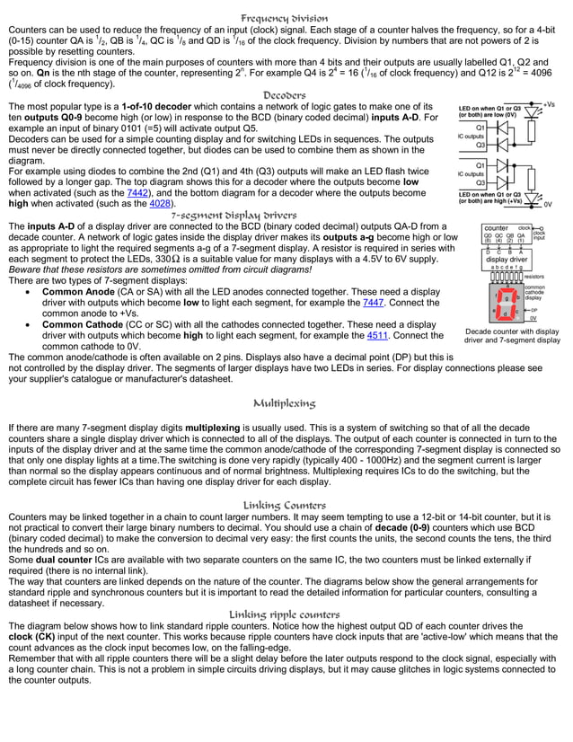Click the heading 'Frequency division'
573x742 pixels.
[285, 18]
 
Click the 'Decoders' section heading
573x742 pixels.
[285, 94]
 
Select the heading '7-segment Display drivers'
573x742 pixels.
[234, 216]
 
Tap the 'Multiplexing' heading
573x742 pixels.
[285, 403]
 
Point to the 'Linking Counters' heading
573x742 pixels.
[285, 506]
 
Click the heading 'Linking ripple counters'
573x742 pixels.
[285, 614]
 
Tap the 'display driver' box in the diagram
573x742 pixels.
[506, 260]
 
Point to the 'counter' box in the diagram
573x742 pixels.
[496, 228]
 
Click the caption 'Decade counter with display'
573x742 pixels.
[512, 331]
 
